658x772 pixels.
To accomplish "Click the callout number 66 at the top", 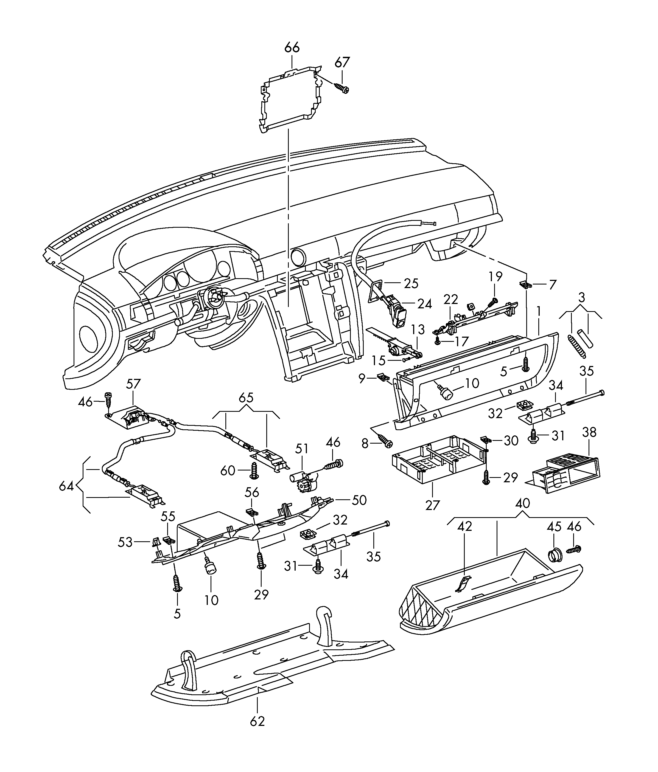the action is (292, 48).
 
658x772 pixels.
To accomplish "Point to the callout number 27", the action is (432, 505).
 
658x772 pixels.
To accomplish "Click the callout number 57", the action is (133, 384).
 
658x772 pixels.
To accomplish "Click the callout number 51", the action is (302, 449).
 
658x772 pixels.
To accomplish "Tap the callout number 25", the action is (411, 284).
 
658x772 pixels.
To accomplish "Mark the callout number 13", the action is (418, 329).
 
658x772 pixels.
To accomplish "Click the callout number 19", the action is (495, 277).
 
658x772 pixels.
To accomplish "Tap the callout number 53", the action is (125, 542).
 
